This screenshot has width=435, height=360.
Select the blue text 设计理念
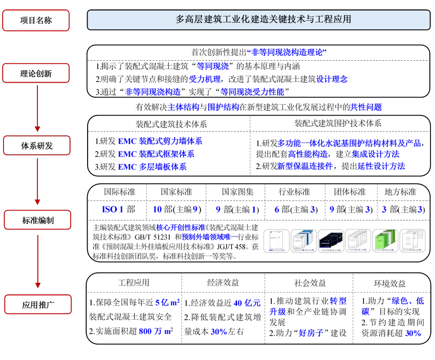(332, 79)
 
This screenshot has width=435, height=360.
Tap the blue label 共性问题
(366, 107)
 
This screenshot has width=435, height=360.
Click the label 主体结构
(183, 107)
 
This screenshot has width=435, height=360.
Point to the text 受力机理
(205, 79)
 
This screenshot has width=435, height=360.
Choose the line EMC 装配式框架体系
(156, 154)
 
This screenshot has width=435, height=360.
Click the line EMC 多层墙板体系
(152, 167)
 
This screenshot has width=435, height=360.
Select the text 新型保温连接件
(305, 166)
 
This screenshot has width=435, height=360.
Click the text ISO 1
(112, 210)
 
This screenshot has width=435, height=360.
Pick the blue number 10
(157, 210)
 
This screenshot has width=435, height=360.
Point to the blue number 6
(277, 210)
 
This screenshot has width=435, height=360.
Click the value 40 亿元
(247, 303)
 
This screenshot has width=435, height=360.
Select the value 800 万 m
(155, 332)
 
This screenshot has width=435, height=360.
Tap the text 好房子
(311, 333)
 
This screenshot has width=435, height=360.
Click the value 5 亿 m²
(167, 302)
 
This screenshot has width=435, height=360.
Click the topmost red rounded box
(36, 20)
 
